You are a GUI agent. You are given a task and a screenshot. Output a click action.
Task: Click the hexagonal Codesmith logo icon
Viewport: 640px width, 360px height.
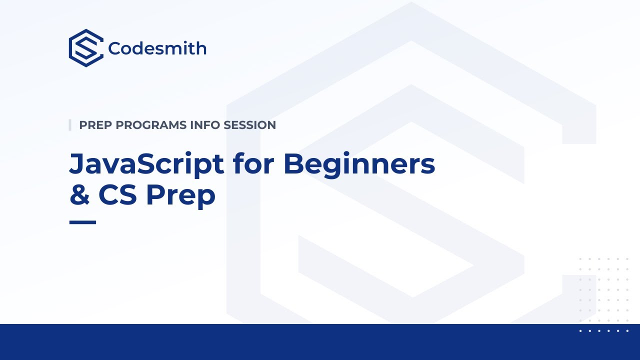click(x=86, y=48)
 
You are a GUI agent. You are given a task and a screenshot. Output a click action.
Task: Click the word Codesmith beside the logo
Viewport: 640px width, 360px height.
click(x=157, y=48)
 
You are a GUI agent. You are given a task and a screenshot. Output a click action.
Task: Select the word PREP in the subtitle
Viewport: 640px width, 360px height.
click(x=95, y=125)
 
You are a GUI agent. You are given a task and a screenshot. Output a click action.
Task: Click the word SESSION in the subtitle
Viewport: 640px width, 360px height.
click(x=249, y=125)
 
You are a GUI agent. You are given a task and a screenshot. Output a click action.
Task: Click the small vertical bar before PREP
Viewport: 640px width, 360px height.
click(x=70, y=125)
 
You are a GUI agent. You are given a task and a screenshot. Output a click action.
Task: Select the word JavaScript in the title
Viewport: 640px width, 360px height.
click(x=146, y=163)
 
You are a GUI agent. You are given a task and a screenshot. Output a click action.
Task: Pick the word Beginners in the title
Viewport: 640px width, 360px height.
click(x=359, y=163)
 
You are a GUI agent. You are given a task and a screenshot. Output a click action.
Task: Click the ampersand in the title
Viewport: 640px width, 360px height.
click(x=79, y=195)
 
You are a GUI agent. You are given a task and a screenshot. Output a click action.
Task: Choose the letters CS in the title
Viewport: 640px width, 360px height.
click(x=117, y=195)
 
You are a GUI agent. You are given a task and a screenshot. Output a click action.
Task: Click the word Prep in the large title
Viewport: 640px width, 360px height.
click(x=180, y=196)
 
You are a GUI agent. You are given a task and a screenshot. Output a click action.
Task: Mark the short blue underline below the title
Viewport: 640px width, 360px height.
click(x=82, y=222)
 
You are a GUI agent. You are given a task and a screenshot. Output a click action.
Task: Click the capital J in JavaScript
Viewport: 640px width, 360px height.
click(x=76, y=164)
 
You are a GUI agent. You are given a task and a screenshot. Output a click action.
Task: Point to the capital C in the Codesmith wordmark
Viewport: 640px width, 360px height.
click(x=114, y=48)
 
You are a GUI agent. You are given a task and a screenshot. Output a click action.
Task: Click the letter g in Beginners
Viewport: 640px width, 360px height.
click(x=332, y=167)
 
